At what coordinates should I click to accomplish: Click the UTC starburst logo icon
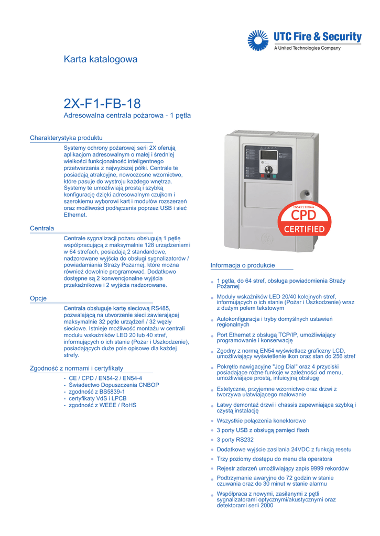[257, 40]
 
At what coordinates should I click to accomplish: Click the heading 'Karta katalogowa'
[100, 59]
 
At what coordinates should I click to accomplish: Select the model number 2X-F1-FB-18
[102, 103]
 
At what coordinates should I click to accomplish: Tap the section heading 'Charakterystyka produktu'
[66, 138]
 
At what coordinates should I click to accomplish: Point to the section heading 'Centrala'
[42, 228]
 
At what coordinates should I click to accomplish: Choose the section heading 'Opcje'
[38, 298]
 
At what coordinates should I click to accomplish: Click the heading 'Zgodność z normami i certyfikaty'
[77, 368]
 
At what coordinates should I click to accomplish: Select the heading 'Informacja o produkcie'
[243, 265]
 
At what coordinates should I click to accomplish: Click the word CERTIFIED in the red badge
[304, 229]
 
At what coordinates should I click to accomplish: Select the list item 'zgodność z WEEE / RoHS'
[102, 405]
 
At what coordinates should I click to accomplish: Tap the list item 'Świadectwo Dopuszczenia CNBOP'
[114, 385]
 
